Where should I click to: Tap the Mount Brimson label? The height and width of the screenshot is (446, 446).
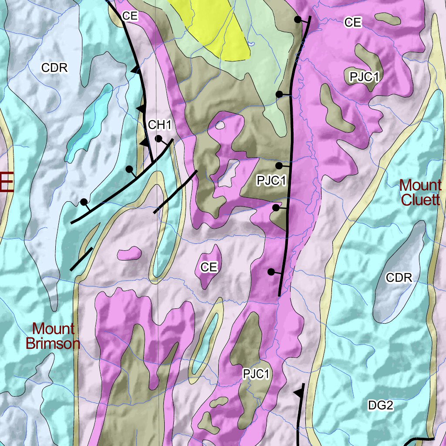pos(53,336)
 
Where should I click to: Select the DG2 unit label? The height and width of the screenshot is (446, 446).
pos(380,405)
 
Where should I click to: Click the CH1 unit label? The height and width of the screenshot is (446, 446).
pos(160,125)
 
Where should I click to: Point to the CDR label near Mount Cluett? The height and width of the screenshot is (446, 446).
pos(399,278)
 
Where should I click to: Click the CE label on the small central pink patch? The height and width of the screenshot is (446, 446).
pos(209,267)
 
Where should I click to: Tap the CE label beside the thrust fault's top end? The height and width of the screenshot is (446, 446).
pos(130,16)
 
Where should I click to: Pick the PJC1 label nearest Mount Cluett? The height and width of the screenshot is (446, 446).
pos(365,77)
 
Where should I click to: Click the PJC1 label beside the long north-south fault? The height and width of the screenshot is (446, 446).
pos(270,180)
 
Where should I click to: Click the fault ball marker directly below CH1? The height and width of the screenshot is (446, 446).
pos(159,139)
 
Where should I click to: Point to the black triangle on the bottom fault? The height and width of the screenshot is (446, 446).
pos(298,393)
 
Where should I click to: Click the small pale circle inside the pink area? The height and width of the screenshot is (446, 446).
pos(221,125)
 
